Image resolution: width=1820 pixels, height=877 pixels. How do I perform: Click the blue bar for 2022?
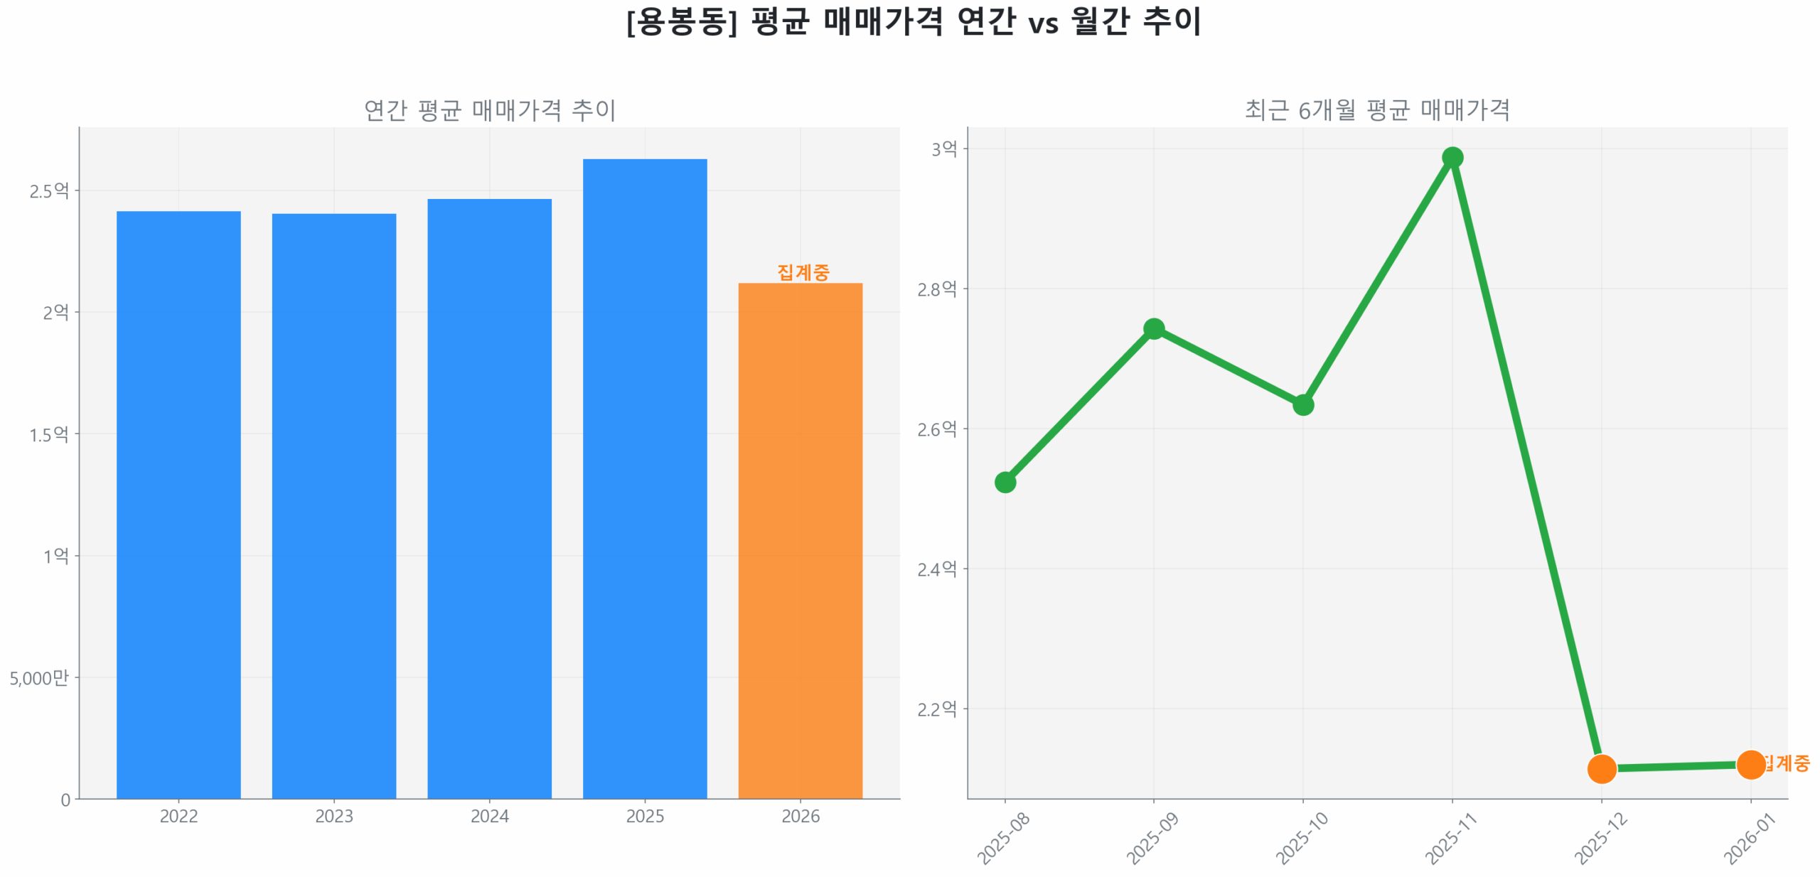(178, 505)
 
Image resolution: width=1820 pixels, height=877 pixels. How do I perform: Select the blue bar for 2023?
(333, 506)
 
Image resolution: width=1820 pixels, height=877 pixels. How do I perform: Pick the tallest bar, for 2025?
(645, 479)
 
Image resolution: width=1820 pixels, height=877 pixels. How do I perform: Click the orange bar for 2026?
(800, 540)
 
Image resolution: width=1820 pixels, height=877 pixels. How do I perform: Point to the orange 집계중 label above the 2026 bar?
(803, 272)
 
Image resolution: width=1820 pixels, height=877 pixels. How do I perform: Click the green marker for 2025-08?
(1005, 483)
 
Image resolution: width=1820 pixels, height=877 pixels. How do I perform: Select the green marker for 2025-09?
(1154, 328)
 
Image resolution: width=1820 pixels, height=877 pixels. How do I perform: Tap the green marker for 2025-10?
(1302, 405)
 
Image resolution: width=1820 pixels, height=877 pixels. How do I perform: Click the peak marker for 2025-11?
(1452, 157)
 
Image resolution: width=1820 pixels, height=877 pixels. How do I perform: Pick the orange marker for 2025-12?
(1602, 768)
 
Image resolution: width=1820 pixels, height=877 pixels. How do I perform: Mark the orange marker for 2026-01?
(1750, 765)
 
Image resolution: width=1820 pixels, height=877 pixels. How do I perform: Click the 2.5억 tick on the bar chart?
(48, 190)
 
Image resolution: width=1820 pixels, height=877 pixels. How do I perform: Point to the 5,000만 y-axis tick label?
(39, 678)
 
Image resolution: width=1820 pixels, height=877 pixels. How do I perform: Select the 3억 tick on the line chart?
(944, 149)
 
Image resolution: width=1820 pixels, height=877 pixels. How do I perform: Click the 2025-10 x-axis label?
(1301, 839)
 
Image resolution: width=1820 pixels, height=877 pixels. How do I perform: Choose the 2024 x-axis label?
(489, 816)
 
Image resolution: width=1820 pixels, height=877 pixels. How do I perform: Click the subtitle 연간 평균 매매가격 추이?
(490, 110)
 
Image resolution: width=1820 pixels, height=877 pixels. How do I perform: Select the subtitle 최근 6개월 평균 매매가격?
(1377, 110)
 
